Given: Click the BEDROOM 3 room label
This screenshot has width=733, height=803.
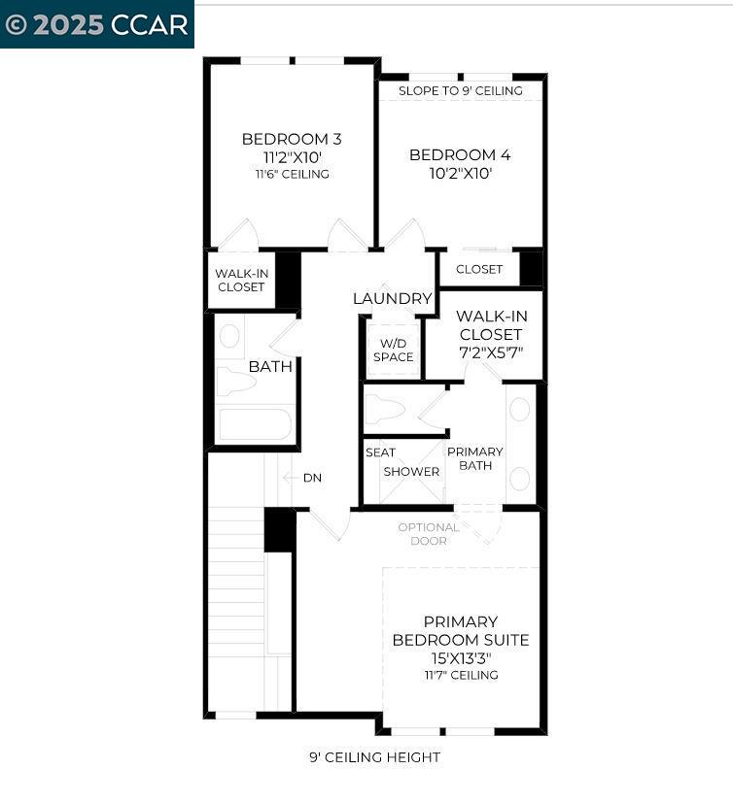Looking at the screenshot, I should pyautogui.click(x=292, y=139).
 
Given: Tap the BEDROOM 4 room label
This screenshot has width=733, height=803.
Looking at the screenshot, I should pyautogui.click(x=460, y=155).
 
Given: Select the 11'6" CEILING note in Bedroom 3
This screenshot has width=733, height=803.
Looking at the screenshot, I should pyautogui.click(x=292, y=175).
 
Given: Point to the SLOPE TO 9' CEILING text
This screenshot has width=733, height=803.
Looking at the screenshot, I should pyautogui.click(x=460, y=90).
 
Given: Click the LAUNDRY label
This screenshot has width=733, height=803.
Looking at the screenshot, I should pyautogui.click(x=392, y=298).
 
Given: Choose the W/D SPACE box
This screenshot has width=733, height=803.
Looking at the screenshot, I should pyautogui.click(x=393, y=350).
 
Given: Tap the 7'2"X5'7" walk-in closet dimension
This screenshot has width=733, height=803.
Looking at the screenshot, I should pyautogui.click(x=490, y=351).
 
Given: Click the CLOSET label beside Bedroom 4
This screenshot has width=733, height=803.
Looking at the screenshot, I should pyautogui.click(x=479, y=269).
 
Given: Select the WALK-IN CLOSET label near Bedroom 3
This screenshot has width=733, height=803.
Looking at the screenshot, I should pyautogui.click(x=241, y=281).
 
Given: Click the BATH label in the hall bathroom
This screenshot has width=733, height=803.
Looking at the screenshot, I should pyautogui.click(x=270, y=366).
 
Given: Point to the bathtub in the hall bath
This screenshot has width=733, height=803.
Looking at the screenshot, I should pyautogui.click(x=255, y=425).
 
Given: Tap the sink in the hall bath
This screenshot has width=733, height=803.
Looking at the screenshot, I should pyautogui.click(x=230, y=336).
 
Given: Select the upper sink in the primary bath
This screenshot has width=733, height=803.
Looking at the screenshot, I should pyautogui.click(x=520, y=409).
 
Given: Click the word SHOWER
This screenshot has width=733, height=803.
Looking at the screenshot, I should pyautogui.click(x=411, y=472).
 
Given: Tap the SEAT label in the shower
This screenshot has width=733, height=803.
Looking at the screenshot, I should pyautogui.click(x=380, y=452).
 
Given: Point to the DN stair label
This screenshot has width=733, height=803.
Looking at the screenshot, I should pyautogui.click(x=312, y=478).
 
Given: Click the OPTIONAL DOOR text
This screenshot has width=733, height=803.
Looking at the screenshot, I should pyautogui.click(x=429, y=534).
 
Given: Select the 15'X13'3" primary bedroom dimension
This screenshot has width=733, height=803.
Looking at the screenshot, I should pyautogui.click(x=461, y=657).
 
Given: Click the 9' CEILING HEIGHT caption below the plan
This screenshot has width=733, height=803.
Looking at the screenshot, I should pyautogui.click(x=374, y=757).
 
